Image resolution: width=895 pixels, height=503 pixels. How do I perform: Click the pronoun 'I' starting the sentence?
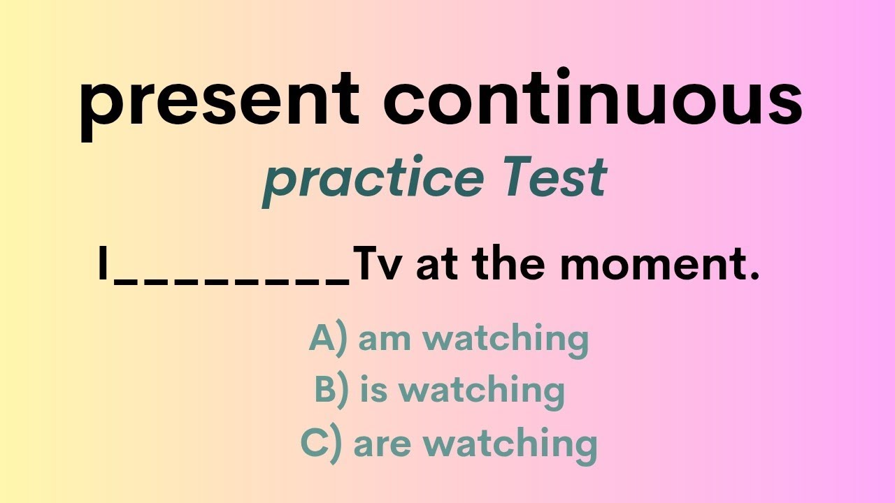(103, 267)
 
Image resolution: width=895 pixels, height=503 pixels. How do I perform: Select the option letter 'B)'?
(332, 390)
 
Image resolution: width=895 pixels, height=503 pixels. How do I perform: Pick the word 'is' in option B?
(373, 390)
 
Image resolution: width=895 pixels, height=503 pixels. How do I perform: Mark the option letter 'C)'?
(321, 443)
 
